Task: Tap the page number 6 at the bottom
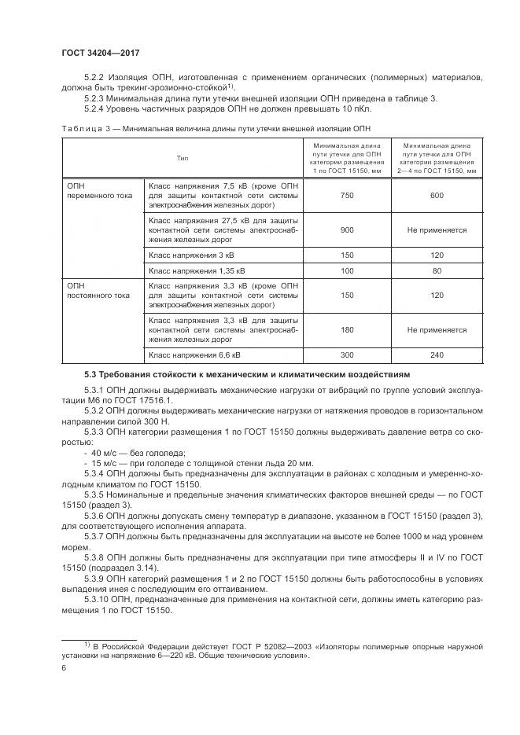[64, 667]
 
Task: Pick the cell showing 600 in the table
[437, 195]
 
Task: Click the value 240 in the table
[437, 355]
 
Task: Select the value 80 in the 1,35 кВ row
[437, 270]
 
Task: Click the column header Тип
[182, 158]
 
